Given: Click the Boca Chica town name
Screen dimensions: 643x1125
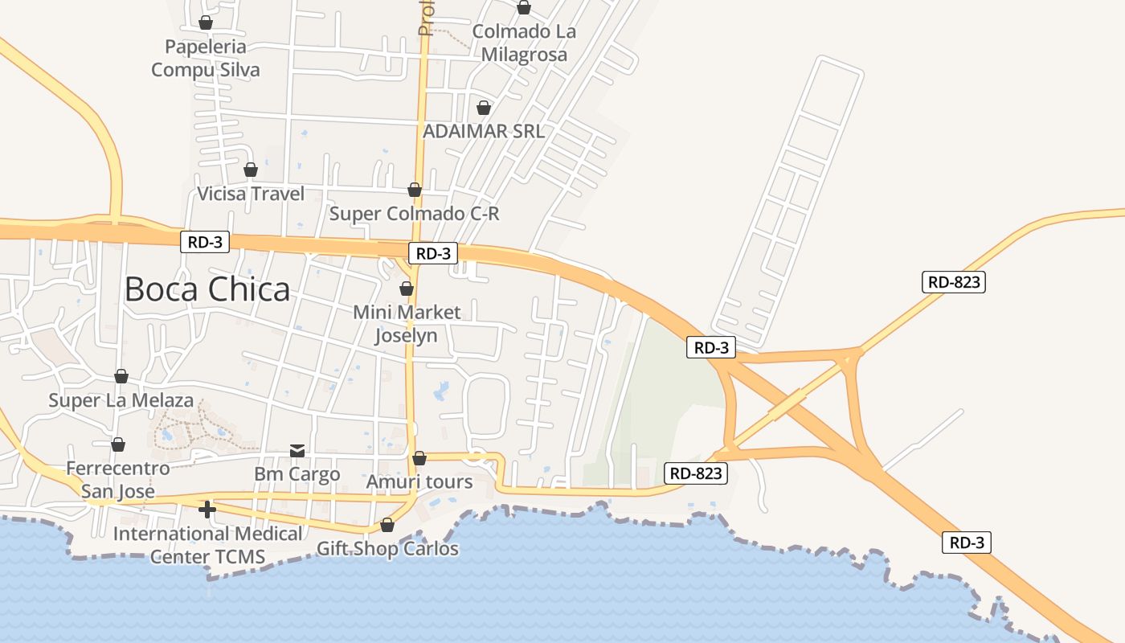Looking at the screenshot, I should [x=207, y=289].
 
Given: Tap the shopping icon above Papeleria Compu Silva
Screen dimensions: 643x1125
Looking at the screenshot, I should [x=206, y=23].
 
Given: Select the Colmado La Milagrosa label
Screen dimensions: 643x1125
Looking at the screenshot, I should [x=524, y=43].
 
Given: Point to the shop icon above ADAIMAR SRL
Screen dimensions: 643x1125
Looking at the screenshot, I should [x=484, y=108].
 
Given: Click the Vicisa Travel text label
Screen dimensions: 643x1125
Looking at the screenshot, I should [x=251, y=194].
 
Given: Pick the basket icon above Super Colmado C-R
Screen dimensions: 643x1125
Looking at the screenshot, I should [x=415, y=190].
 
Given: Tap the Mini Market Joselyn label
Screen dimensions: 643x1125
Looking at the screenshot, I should [x=407, y=323].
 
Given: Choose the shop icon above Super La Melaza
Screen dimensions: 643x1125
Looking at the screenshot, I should [x=121, y=376].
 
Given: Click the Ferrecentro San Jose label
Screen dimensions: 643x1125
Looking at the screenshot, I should [x=118, y=479].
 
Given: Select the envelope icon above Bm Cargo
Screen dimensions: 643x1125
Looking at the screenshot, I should [x=297, y=450].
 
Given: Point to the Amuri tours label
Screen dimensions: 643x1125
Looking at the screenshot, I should [x=419, y=482].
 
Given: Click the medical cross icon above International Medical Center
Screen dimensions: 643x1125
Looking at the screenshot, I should [x=207, y=509].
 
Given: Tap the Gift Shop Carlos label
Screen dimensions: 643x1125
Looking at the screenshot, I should [x=387, y=549].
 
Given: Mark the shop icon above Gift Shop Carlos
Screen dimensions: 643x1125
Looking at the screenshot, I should [x=387, y=525].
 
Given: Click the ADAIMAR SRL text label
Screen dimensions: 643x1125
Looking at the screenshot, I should [x=484, y=131].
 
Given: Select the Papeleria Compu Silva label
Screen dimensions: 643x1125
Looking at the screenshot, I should [x=206, y=59].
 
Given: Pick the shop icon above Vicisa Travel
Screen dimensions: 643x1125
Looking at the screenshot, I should [x=251, y=170].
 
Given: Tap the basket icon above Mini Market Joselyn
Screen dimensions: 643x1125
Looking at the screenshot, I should [x=407, y=289].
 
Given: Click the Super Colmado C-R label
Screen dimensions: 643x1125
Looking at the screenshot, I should [x=415, y=214].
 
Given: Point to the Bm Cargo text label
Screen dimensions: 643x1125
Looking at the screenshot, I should [x=297, y=474].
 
